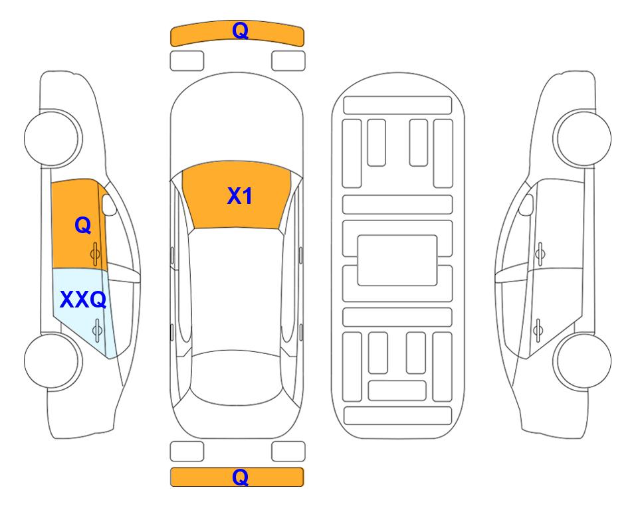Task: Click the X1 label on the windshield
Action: pos(240,196)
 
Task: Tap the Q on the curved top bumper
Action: pos(240,31)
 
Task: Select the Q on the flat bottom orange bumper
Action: pos(240,477)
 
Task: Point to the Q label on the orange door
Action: pos(83,225)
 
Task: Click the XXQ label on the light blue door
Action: pos(83,300)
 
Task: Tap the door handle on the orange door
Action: pos(96,254)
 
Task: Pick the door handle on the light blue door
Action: pos(97,329)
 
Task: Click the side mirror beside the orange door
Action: pos(109,205)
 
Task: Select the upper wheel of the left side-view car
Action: pos(53,138)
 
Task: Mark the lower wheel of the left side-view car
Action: pos(53,361)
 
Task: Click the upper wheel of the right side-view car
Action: pos(582,138)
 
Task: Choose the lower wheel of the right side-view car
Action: pos(582,361)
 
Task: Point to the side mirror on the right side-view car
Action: pos(526,205)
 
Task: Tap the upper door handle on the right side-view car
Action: pos(540,254)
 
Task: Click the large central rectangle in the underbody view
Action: pos(397,260)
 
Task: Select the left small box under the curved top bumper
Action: pos(187,61)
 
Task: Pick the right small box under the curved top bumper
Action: pos(288,61)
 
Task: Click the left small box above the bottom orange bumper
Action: pos(187,452)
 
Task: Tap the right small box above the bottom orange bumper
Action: pos(288,452)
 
